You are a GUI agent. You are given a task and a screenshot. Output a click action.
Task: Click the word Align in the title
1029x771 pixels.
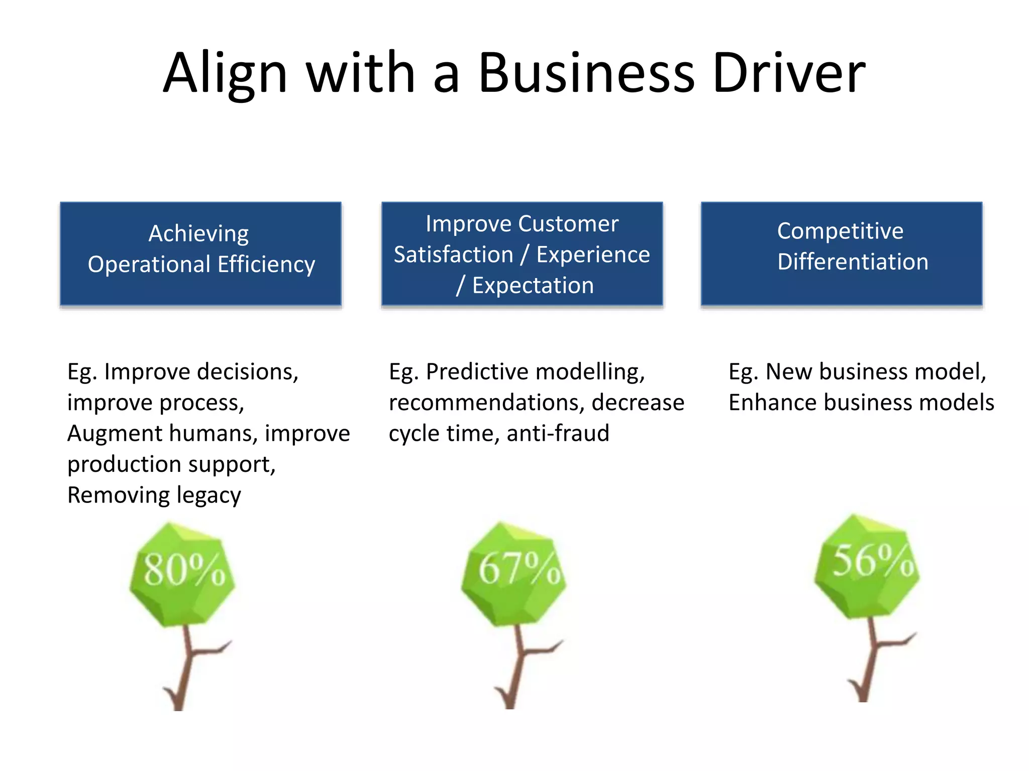click(225, 74)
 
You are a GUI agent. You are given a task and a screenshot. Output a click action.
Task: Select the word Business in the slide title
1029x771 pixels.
click(586, 73)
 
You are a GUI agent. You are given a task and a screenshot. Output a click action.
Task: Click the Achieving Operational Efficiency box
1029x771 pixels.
click(200, 253)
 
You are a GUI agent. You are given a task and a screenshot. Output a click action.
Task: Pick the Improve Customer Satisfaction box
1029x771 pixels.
click(522, 253)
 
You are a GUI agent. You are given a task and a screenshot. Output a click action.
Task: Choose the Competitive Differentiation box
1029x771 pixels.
click(842, 253)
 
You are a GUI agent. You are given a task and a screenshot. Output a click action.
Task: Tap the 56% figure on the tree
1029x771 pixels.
click(872, 561)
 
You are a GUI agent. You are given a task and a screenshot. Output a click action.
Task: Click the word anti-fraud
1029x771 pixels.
click(558, 433)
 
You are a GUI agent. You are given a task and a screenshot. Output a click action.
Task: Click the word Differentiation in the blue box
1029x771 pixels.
click(853, 262)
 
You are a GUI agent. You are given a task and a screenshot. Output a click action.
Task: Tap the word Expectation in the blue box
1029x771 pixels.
click(533, 286)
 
